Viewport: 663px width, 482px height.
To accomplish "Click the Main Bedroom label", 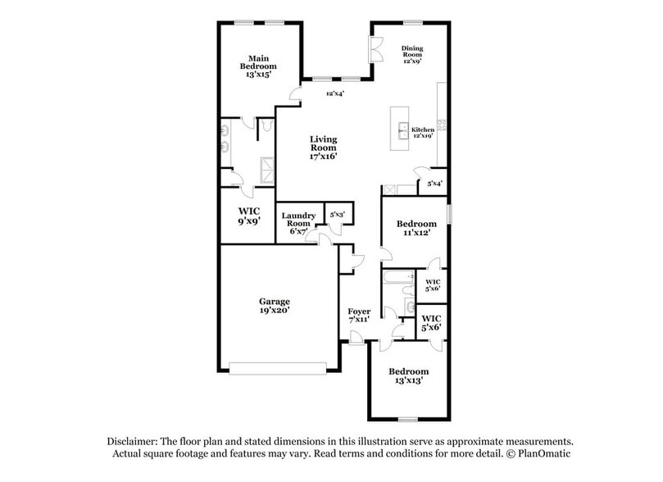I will [x=258, y=66].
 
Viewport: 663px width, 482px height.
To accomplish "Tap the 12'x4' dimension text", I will [x=334, y=93].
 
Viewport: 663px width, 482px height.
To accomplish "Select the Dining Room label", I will [x=411, y=54].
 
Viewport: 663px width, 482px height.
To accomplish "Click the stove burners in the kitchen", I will [x=441, y=125].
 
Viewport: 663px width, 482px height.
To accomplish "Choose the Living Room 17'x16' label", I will [x=323, y=148].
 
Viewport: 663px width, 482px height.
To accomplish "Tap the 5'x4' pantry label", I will [x=435, y=184].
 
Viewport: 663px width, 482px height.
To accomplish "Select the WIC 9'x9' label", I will [x=249, y=216].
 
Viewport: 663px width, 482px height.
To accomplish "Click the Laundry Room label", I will [x=298, y=223].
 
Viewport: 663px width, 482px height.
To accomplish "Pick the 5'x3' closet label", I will [x=337, y=215].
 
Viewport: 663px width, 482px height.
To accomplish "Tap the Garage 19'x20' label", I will [x=275, y=306].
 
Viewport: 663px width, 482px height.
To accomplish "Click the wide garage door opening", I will [x=283, y=369].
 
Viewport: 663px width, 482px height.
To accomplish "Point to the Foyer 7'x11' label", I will [x=359, y=316].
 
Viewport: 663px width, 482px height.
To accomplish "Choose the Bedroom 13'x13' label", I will [x=408, y=376].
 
